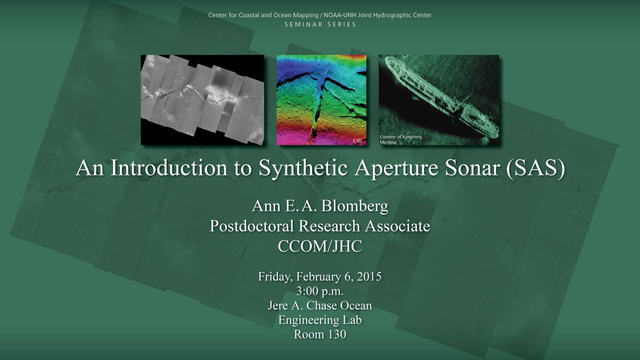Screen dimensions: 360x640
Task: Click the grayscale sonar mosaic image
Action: click(x=202, y=100)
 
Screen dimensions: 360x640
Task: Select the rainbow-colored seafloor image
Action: click(x=321, y=100)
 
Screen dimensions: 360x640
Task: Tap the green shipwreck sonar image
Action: click(x=439, y=100)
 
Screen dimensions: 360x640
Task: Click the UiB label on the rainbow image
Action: click(x=357, y=141)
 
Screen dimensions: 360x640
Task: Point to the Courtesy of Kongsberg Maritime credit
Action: click(x=401, y=139)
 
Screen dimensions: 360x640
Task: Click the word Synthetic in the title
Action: click(x=303, y=168)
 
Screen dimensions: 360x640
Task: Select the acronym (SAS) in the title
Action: click(x=535, y=168)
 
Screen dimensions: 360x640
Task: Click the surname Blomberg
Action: click(x=355, y=206)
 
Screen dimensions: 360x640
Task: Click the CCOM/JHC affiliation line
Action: click(x=320, y=247)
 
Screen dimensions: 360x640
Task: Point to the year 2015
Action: click(x=369, y=277)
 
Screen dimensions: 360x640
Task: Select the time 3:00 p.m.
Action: click(x=320, y=291)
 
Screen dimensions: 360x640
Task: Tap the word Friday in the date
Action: click(x=275, y=277)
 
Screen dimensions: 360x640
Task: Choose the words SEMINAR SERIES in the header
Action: click(x=320, y=25)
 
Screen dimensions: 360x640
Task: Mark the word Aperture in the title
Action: click(x=396, y=168)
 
